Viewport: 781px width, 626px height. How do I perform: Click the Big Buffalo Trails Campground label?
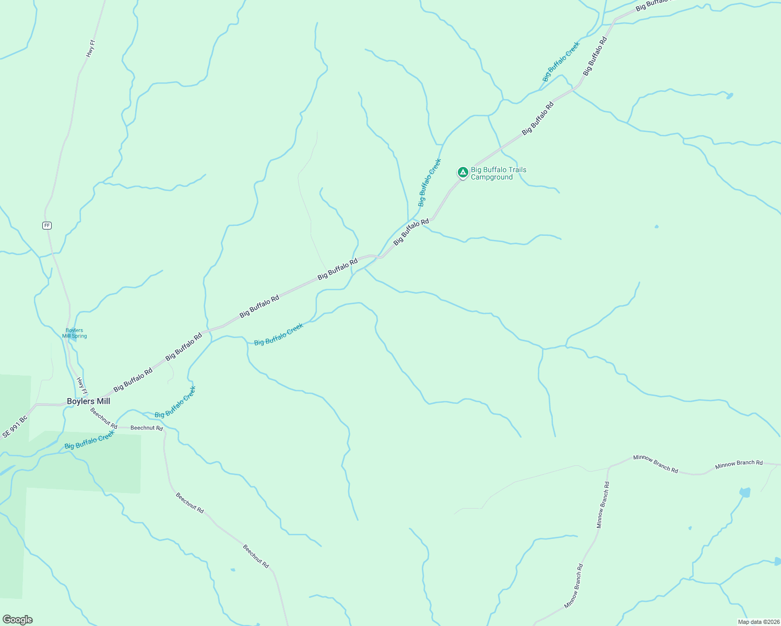coord(498,173)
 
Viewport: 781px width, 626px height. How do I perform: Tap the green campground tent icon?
coord(463,172)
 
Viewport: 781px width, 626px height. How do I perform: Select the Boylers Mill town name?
coord(88,401)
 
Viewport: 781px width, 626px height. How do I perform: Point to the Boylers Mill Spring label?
coord(75,333)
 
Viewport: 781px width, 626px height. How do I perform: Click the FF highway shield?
coord(47,225)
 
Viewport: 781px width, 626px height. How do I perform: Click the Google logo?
coord(17,620)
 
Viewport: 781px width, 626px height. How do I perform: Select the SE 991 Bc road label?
coord(15,427)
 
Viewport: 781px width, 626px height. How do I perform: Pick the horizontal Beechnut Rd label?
coord(147,428)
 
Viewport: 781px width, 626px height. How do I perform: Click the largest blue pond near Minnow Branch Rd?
coord(745,492)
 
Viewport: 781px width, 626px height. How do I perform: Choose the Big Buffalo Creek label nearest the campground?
coord(430,183)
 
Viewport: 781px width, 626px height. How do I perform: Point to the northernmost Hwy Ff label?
coord(91,49)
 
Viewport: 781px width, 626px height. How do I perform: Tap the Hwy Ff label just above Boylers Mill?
coord(82,386)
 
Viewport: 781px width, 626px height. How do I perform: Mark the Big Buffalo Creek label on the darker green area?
coord(89,440)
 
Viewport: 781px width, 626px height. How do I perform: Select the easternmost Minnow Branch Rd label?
coord(739,463)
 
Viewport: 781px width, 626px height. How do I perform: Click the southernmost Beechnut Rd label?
coord(256,556)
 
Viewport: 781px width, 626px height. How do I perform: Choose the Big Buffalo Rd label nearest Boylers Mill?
coord(133,379)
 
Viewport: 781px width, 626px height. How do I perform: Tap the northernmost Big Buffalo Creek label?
coord(561,62)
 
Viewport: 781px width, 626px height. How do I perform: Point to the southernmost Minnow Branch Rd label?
coord(573,586)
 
